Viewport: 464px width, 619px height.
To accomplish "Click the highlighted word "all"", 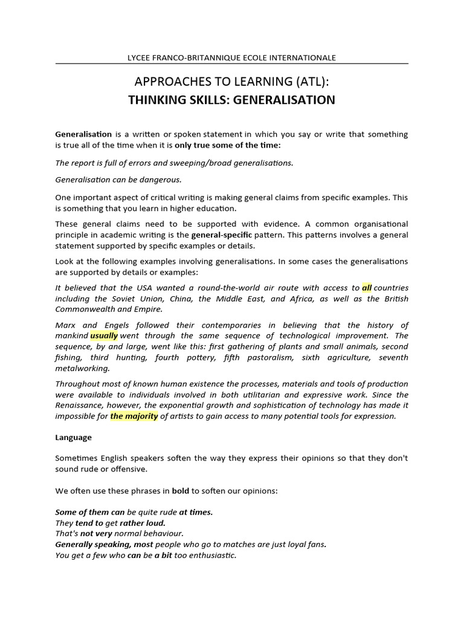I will [x=367, y=288].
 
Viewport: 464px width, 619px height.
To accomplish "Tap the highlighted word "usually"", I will [x=104, y=335].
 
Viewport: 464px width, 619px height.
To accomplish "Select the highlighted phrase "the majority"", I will [x=134, y=416].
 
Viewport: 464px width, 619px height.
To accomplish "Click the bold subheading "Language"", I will [x=74, y=437].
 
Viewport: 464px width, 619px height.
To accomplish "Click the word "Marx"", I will [x=66, y=325].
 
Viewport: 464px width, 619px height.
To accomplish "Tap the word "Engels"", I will [x=122, y=325].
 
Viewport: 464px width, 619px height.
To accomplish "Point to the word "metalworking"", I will [x=82, y=368].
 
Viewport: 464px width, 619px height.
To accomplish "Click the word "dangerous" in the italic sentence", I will [x=162, y=180].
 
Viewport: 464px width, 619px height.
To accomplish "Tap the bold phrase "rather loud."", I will [x=143, y=522].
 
